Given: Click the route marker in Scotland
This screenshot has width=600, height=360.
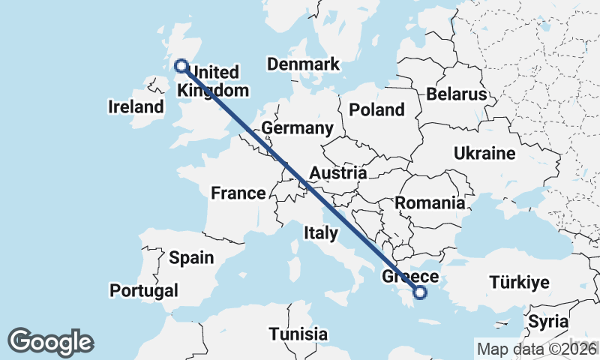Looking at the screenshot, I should click(181, 66).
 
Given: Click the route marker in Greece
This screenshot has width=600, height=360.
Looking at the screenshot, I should click(420, 293).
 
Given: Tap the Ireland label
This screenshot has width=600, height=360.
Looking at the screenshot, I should click(136, 107).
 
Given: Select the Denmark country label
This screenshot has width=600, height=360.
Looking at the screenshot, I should click(303, 64).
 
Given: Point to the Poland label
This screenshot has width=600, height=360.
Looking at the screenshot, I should click(376, 110).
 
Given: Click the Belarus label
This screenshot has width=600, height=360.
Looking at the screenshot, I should click(457, 94).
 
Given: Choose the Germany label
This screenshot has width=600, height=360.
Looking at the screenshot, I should click(297, 129).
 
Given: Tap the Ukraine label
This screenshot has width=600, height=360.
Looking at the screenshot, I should click(484, 154).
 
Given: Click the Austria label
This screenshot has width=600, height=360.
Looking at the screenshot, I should click(337, 173).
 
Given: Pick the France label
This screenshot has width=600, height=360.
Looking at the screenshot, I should click(238, 193).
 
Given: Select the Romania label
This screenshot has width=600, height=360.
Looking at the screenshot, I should click(430, 202).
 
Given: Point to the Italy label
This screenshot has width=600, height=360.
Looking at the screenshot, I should click(321, 234).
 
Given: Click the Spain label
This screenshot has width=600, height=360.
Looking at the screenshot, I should click(191, 258).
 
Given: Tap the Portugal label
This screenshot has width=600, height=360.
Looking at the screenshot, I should click(144, 290).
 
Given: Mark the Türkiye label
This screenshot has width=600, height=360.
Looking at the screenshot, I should click(520, 283).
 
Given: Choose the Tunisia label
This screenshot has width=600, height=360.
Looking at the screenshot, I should click(298, 334).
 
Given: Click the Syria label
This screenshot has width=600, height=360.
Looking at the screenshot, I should click(547, 322).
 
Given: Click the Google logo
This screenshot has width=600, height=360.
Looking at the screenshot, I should click(50, 342).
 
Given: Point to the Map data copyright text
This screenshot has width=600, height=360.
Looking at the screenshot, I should click(537, 349).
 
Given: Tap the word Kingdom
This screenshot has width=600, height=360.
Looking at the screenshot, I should click(213, 90).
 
